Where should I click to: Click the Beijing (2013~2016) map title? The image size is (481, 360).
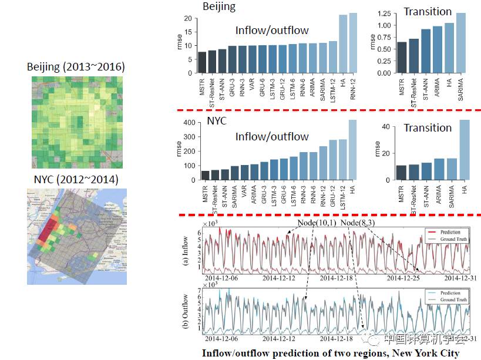pos(76,66)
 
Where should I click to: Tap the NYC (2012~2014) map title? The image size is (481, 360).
pos(76,179)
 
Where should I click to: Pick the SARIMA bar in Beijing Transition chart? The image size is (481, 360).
pos(461,43)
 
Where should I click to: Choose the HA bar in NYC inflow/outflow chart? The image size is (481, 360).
pos(353,150)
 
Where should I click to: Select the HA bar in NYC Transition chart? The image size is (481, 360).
pos(464,150)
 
